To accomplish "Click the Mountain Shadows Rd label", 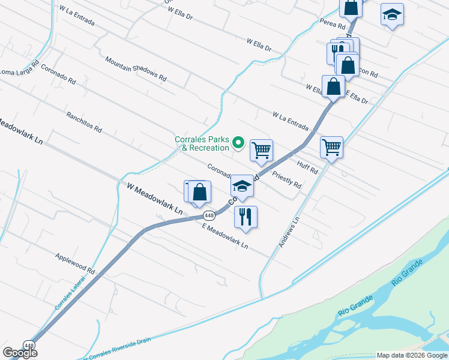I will click(136, 68).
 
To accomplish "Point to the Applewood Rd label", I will click(76, 262).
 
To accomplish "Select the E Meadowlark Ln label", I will click(225, 236).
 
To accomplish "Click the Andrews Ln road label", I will click(289, 233).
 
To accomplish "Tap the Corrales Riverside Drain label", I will click(118, 343).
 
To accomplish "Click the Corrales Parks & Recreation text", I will click(202, 143).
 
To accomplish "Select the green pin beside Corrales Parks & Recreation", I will click(238, 143).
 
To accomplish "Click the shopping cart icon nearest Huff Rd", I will click(332, 146).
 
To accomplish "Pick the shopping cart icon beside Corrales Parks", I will click(261, 149).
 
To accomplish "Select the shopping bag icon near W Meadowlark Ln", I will click(200, 192).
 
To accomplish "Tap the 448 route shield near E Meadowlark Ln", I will click(209, 215).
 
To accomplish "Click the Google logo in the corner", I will click(20, 353).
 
